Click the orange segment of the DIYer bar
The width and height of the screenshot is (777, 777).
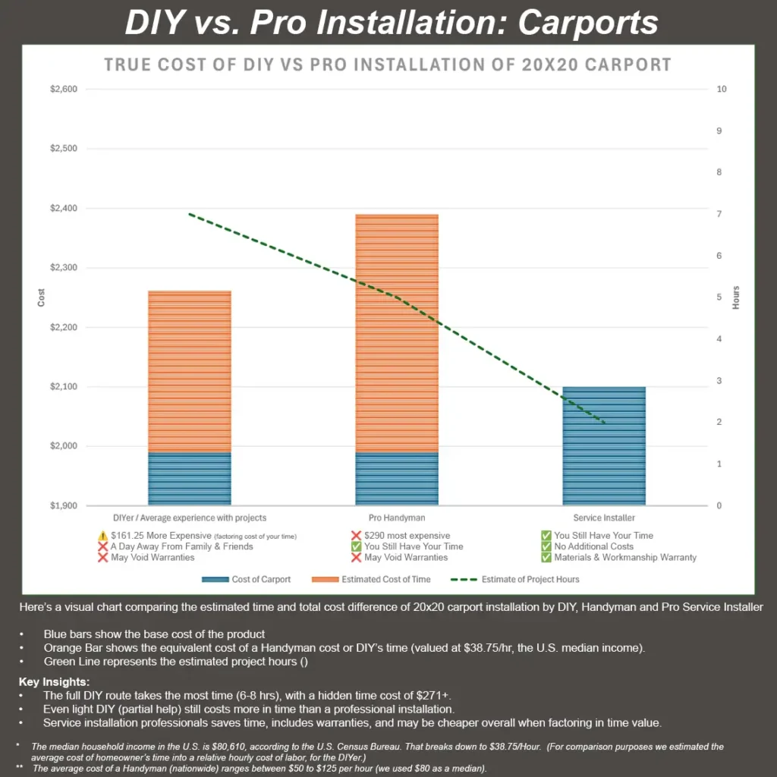190,371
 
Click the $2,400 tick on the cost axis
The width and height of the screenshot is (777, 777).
63,209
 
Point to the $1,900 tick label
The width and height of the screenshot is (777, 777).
63,505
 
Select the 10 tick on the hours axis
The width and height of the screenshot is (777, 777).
722,90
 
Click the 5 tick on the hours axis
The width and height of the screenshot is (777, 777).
719,297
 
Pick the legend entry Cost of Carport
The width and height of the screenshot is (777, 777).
247,580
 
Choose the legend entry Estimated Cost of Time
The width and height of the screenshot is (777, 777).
371,580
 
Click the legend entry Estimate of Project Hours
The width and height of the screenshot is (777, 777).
515,580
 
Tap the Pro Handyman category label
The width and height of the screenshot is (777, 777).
397,518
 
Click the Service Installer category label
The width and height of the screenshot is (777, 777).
604,518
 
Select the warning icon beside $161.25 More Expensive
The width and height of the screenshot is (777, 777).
102,536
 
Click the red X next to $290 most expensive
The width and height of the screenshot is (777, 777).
355,536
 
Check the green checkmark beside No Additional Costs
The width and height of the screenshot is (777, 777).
546,546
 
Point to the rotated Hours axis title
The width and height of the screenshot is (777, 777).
735,297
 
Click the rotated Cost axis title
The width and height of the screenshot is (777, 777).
42,297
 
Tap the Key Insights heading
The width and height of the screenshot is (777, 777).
54,682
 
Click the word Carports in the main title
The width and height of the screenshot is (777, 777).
588,23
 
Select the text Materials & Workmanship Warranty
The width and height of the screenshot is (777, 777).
625,558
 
